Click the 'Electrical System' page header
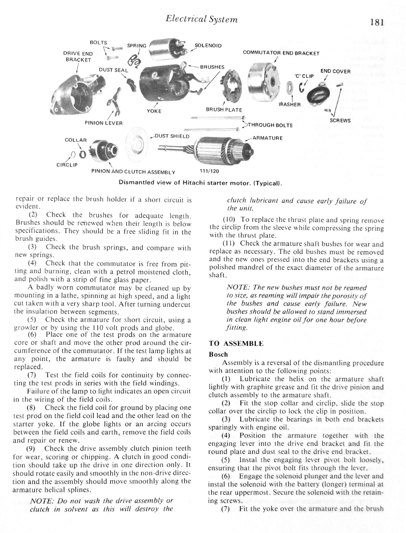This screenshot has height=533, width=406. (202, 19)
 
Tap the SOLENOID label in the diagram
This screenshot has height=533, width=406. (208, 46)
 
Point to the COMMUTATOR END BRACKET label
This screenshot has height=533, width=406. (281, 53)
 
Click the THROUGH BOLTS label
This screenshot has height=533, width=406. (270, 125)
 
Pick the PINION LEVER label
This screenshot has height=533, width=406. (104, 123)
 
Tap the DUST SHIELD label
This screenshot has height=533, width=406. (172, 136)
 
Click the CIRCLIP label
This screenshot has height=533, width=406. (67, 165)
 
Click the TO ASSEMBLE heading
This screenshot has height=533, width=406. (236, 344)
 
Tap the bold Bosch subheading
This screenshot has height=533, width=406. (218, 354)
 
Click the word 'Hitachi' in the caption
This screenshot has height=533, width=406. (193, 183)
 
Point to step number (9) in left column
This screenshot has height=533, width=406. (31, 448)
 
